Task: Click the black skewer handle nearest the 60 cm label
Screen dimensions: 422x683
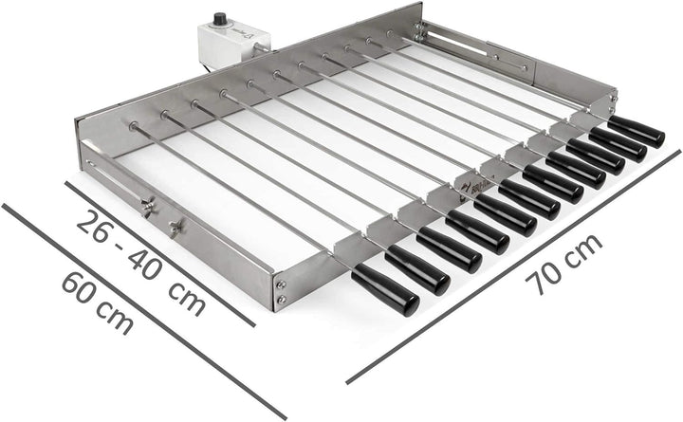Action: point(385,288)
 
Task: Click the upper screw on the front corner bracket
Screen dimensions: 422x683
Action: point(280,282)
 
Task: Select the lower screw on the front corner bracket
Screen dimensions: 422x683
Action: point(280,302)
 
